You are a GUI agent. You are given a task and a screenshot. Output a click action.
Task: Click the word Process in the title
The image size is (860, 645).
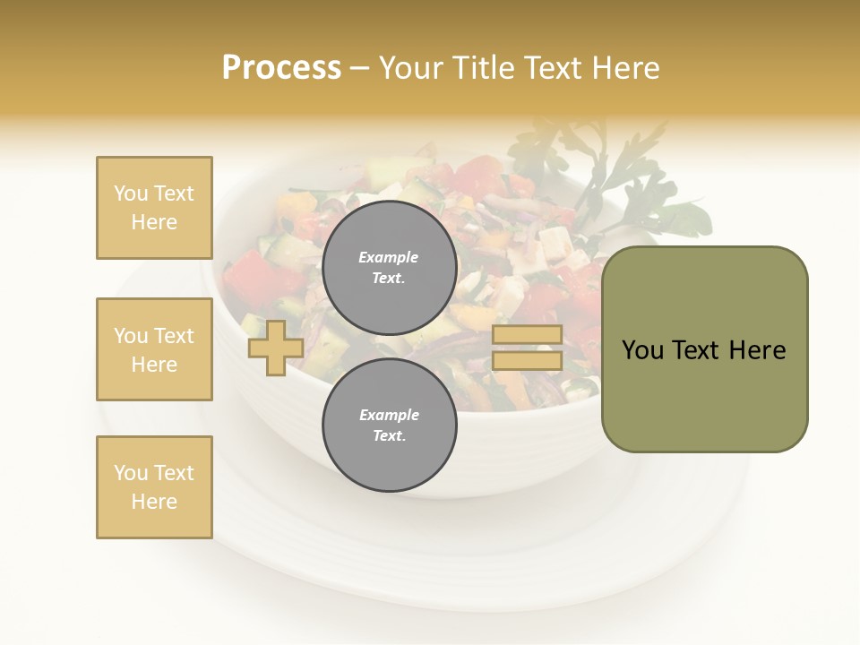281,68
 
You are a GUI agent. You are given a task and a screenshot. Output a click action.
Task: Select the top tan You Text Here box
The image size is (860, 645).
154,208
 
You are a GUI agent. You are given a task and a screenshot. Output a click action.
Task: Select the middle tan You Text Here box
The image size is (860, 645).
154,349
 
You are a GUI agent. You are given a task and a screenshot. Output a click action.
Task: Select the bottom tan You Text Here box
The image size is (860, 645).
154,486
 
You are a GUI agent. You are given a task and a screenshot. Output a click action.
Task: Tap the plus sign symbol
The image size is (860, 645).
275,348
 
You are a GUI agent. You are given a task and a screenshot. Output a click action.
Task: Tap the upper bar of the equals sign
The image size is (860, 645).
527,334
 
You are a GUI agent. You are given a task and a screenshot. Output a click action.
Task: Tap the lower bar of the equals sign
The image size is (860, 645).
527,361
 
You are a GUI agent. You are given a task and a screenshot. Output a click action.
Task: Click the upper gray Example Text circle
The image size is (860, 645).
389,267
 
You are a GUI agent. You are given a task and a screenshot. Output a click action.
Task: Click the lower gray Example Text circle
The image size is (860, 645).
389,425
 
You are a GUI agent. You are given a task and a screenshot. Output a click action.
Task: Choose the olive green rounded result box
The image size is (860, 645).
704,348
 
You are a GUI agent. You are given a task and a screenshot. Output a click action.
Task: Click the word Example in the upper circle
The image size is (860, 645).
389,257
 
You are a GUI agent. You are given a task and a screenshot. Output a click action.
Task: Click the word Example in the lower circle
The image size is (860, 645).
389,415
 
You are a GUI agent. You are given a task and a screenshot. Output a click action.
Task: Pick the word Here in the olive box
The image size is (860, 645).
758,349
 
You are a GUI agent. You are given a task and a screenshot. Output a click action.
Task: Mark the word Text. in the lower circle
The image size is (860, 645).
389,435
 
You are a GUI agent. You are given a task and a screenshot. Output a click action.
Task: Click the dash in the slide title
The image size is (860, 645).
360,68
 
